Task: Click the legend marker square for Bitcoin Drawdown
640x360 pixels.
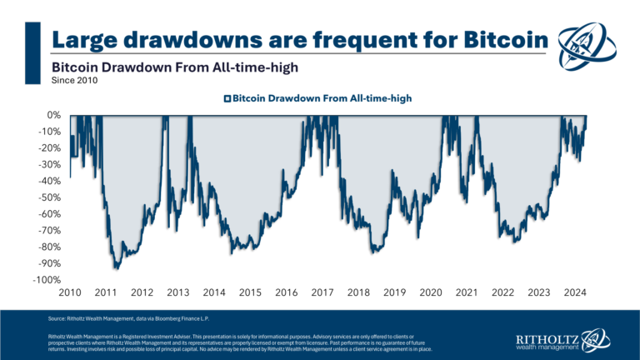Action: click(227, 98)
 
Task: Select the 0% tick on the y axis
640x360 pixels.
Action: click(54, 115)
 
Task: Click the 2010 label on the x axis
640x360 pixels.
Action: click(69, 293)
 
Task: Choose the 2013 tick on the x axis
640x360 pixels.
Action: click(177, 293)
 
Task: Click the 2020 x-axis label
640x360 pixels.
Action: click(431, 293)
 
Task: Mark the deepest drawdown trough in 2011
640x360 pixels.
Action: click(117, 268)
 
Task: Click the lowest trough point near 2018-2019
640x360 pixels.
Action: click(376, 252)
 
